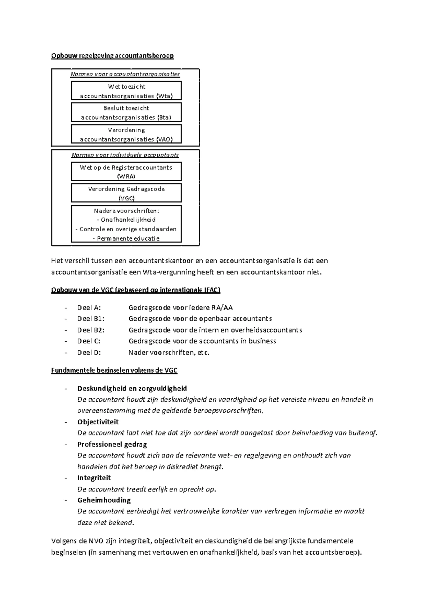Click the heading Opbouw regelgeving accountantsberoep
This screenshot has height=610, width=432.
click(112, 56)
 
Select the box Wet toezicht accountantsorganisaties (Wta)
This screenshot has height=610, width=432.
click(126, 91)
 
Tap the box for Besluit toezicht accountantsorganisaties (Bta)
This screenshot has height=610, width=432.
click(126, 112)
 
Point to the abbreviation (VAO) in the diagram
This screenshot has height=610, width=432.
click(164, 140)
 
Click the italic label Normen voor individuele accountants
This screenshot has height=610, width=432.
click(125, 155)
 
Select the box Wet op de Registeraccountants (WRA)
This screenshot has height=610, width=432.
click(126, 172)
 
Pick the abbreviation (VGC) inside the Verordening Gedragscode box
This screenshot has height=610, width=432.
click(126, 198)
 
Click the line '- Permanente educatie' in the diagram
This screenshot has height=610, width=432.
click(126, 238)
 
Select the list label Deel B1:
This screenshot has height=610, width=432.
click(91, 319)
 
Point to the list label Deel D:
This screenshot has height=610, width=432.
click(89, 352)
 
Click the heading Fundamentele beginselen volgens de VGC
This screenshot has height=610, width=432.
click(114, 370)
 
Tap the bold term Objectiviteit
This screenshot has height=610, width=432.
click(98, 422)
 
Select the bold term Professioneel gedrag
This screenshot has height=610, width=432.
click(112, 445)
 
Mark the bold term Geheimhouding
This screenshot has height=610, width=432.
click(104, 500)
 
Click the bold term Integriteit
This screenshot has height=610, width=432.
click(94, 478)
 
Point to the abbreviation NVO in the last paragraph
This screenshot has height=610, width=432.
click(98, 541)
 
